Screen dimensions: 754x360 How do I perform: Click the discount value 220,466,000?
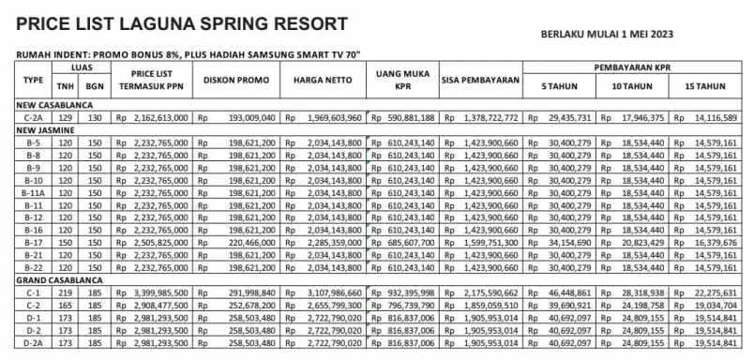pyautogui.click(x=247, y=242)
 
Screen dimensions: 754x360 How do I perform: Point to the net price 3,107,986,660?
pyautogui.click(x=330, y=292)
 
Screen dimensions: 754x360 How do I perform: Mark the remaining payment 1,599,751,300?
pyautogui.click(x=489, y=242)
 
